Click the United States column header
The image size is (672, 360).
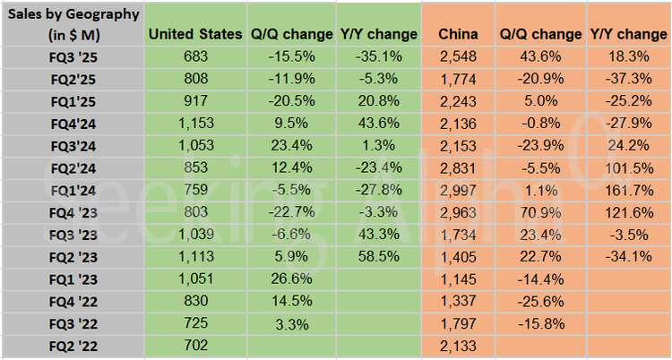(x=194, y=34)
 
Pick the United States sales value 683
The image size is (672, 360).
(x=194, y=56)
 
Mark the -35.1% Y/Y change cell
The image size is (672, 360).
(x=378, y=56)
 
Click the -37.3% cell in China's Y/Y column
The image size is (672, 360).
(x=629, y=78)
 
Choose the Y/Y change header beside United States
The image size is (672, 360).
(x=378, y=34)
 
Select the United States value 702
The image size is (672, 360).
(x=194, y=344)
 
